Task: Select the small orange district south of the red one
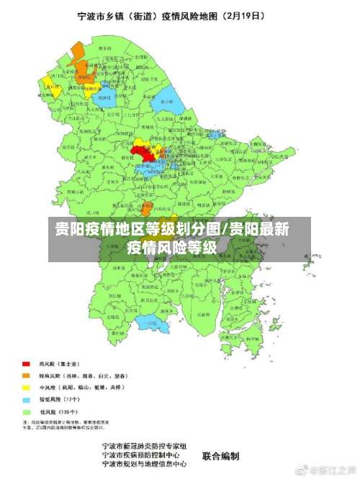click(146, 209)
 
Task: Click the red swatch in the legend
click(27, 363)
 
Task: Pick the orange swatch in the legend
click(27, 375)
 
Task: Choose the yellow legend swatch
click(27, 387)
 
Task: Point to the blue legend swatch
click(27, 399)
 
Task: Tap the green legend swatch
click(27, 411)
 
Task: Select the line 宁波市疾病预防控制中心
click(144, 456)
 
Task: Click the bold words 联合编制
click(220, 456)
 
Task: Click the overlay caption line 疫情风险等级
click(172, 247)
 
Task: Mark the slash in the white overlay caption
click(225, 230)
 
